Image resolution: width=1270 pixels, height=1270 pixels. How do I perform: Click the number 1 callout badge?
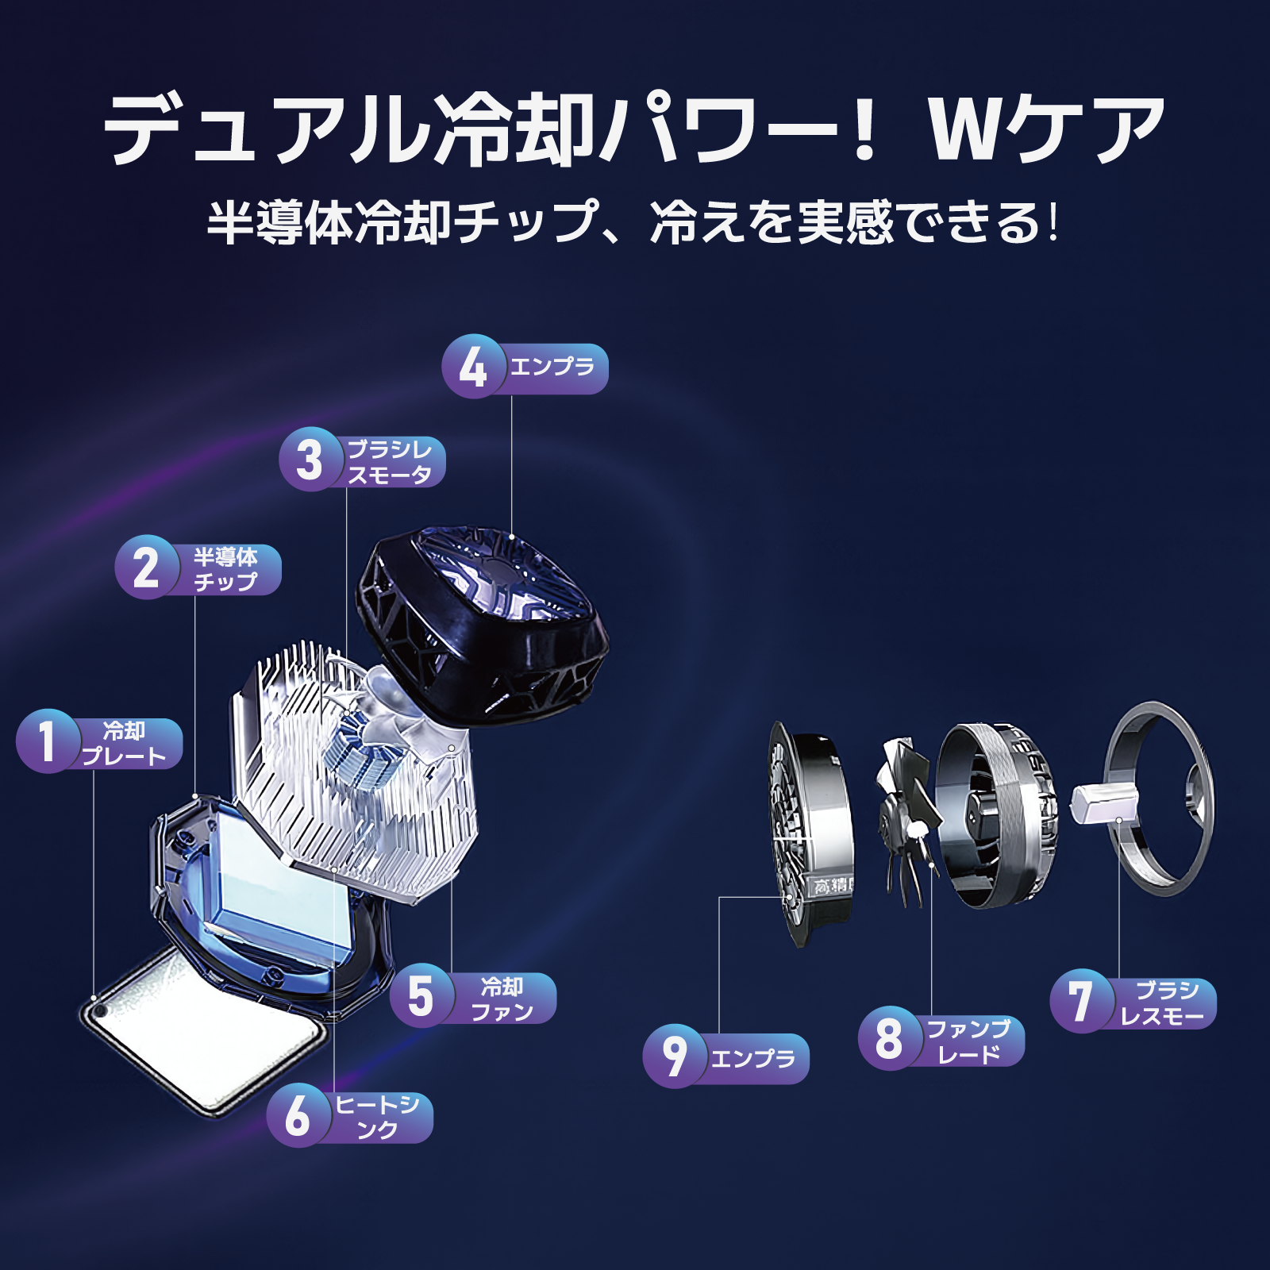[x=48, y=741]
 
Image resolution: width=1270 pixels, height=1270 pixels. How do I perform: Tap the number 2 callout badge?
[x=147, y=568]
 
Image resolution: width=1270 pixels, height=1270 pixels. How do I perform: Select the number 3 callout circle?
[x=310, y=460]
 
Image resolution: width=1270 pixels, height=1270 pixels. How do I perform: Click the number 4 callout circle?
[x=474, y=367]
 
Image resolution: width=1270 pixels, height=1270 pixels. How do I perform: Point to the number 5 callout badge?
[x=421, y=996]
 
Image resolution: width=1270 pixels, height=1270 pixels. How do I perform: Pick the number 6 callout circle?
[x=298, y=1114]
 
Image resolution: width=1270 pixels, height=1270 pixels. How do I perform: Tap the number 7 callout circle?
[x=1082, y=1001]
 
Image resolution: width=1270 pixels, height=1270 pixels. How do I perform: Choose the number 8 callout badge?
[x=890, y=1038]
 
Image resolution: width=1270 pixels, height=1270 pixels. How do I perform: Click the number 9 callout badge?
[x=675, y=1056]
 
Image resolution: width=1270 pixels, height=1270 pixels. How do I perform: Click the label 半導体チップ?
[x=226, y=569]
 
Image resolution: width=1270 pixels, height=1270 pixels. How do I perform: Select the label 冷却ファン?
[x=502, y=999]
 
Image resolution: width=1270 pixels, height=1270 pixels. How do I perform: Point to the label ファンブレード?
[x=969, y=1041]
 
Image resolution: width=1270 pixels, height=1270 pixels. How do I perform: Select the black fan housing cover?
[x=480, y=623]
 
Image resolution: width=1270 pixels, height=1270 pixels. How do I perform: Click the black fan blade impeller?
[x=909, y=822]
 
